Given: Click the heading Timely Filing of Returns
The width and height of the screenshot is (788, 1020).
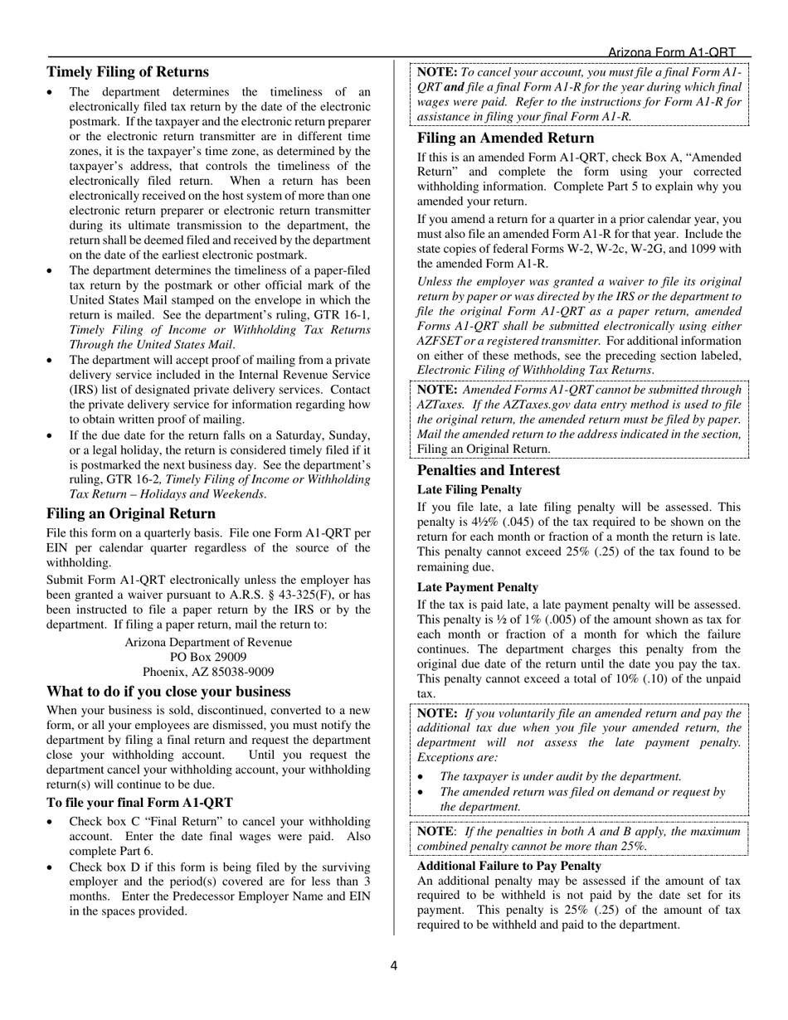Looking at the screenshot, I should [x=128, y=72].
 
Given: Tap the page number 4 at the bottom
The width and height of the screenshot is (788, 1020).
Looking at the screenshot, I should [x=394, y=965].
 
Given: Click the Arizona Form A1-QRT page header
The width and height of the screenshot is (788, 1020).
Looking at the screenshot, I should [x=672, y=52].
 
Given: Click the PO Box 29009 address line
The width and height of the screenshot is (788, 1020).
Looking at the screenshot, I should [x=208, y=657].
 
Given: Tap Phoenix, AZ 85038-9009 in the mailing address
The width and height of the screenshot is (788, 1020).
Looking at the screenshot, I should [x=208, y=672].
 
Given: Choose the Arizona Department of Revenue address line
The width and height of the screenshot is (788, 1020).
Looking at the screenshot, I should [x=208, y=642].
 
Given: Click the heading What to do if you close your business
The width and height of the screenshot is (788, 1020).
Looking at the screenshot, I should [x=168, y=692].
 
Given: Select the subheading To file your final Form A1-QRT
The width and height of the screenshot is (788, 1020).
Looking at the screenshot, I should [x=139, y=802].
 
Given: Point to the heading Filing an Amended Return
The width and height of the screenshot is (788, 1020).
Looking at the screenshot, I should [x=505, y=138].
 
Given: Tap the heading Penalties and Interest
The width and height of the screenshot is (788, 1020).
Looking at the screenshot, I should [x=489, y=470].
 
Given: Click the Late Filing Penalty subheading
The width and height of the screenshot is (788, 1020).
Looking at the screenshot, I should [x=469, y=489].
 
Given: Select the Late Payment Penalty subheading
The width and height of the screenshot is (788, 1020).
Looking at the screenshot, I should [x=477, y=587].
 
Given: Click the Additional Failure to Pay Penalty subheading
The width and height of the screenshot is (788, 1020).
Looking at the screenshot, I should [x=509, y=866].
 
